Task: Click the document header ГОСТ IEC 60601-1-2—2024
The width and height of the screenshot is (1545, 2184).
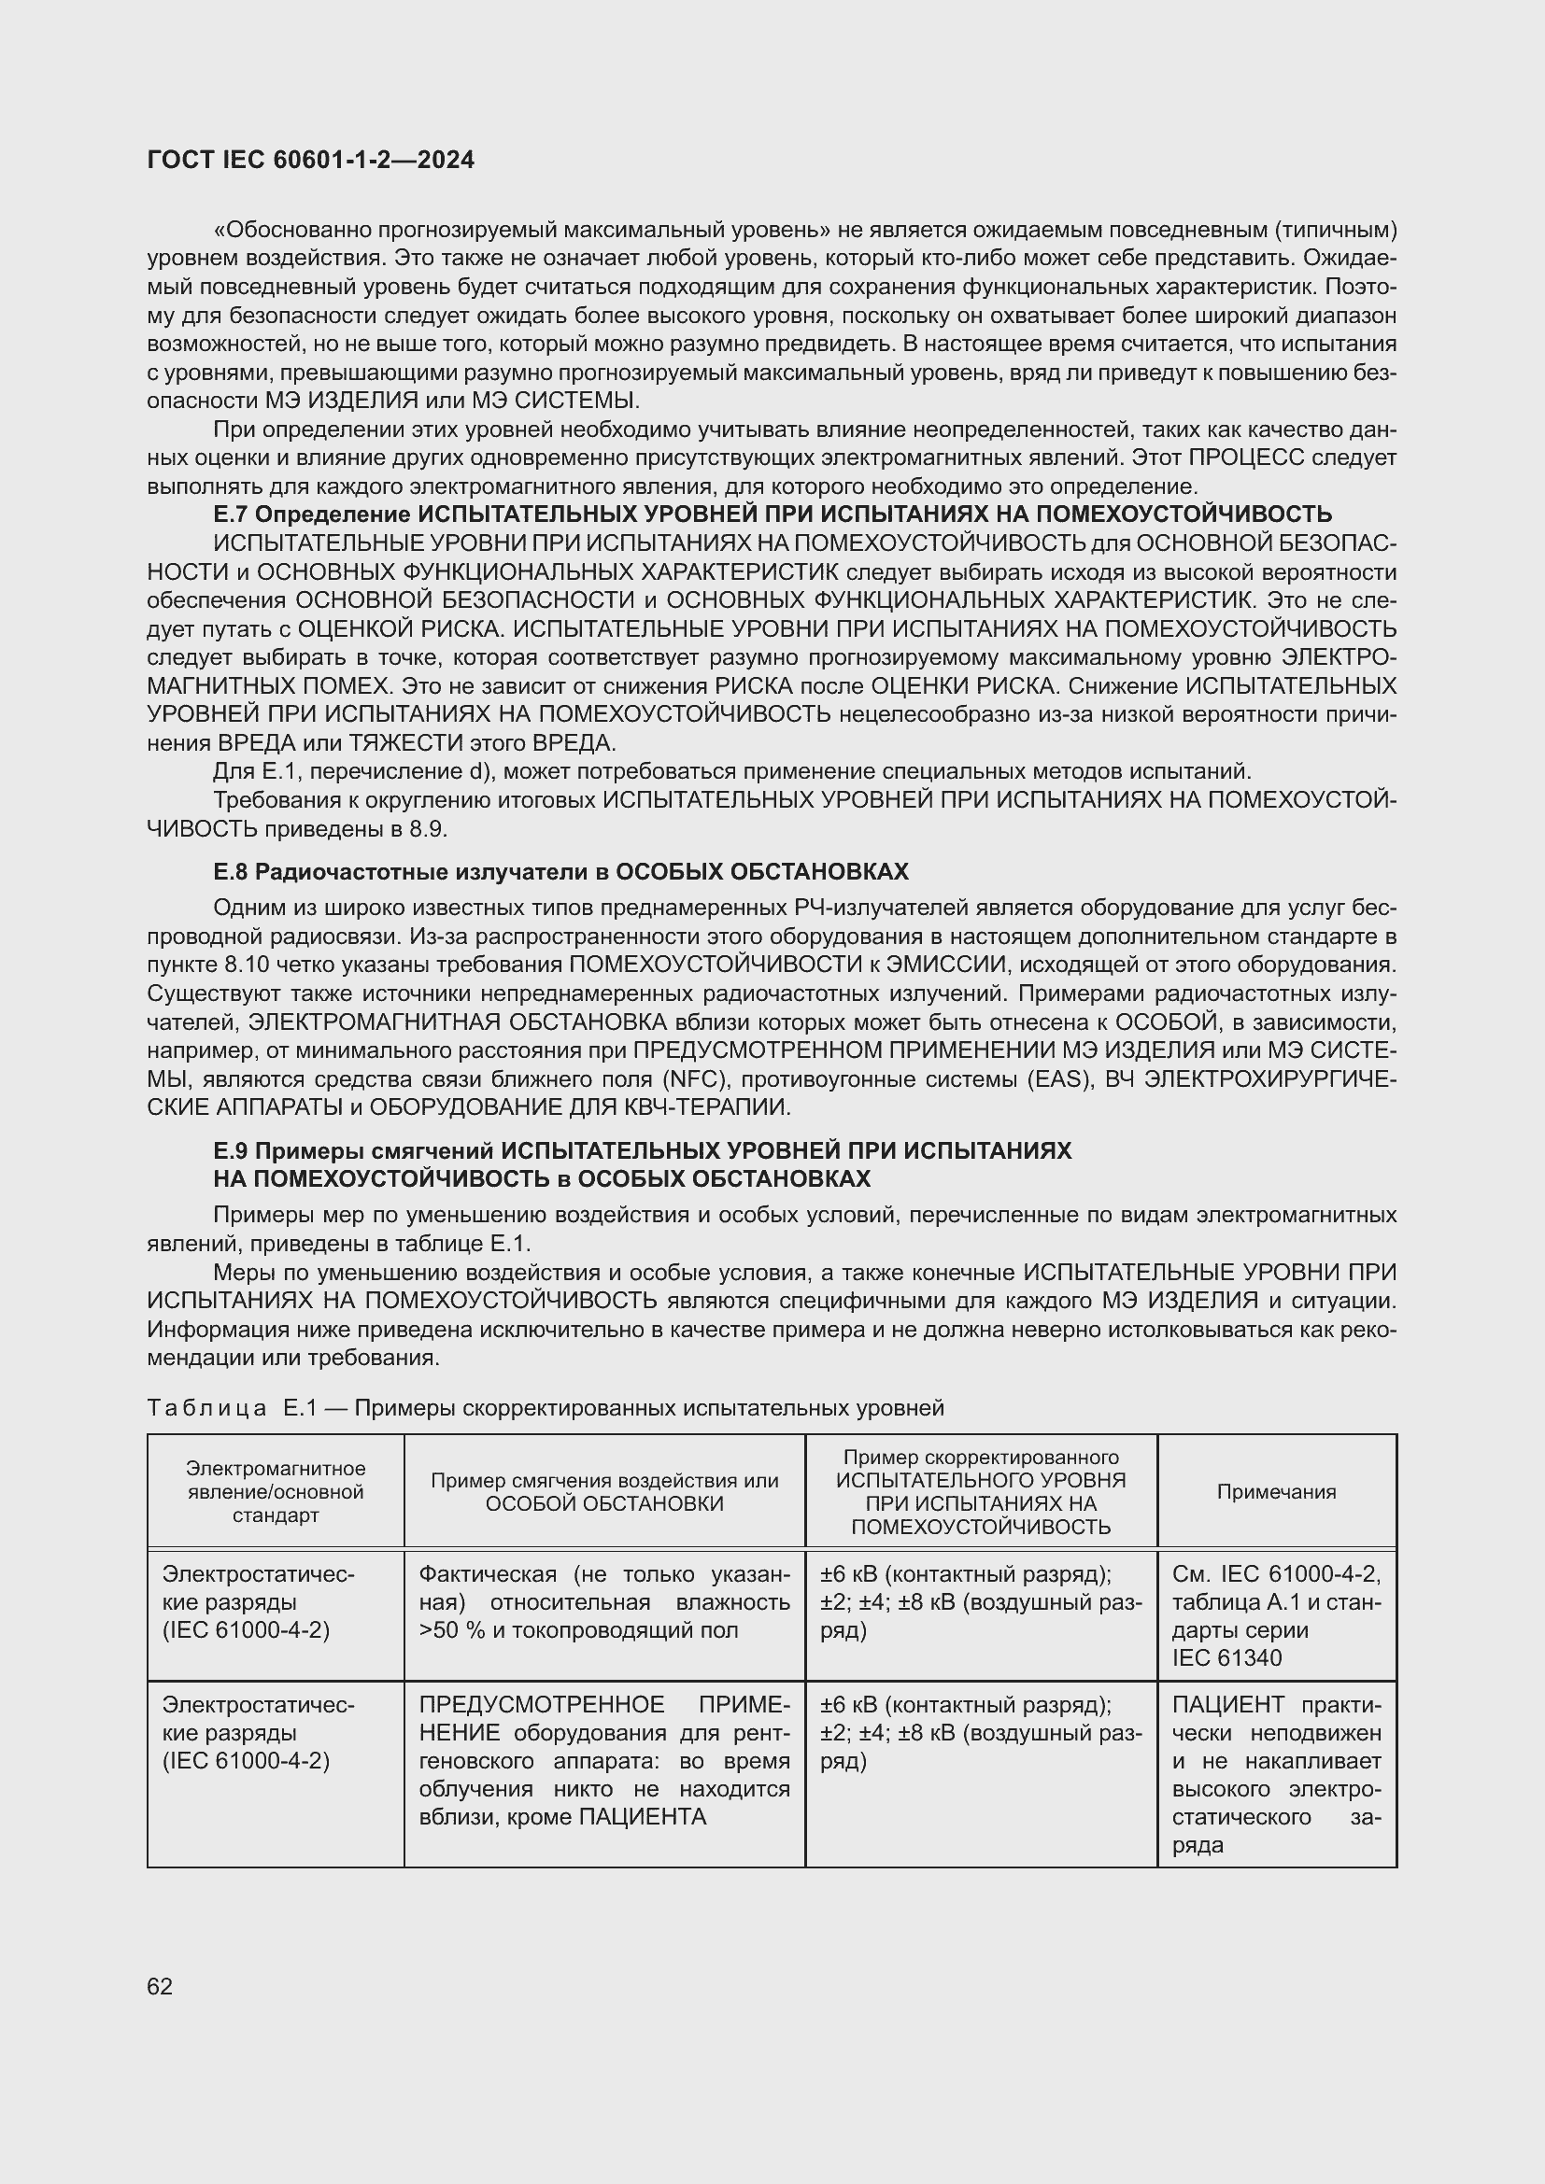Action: (310, 160)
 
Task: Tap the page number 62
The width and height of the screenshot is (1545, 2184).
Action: (160, 1986)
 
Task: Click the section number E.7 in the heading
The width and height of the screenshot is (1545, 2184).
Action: (231, 514)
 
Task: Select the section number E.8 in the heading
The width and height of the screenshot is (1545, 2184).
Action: (231, 871)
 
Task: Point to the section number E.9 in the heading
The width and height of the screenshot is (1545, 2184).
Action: (231, 1151)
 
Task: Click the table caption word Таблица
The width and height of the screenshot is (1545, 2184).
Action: (206, 1407)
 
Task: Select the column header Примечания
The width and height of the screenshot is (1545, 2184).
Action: (1276, 1492)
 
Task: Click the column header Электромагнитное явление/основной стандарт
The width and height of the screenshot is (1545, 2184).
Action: (275, 1492)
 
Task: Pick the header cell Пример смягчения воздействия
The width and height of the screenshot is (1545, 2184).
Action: (604, 1492)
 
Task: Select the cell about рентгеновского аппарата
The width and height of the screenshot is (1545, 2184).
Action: (604, 1761)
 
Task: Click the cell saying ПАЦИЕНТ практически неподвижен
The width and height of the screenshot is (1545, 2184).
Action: (1276, 1775)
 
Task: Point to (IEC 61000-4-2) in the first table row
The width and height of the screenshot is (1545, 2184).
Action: (246, 1630)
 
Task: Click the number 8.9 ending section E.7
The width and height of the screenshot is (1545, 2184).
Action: (427, 828)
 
